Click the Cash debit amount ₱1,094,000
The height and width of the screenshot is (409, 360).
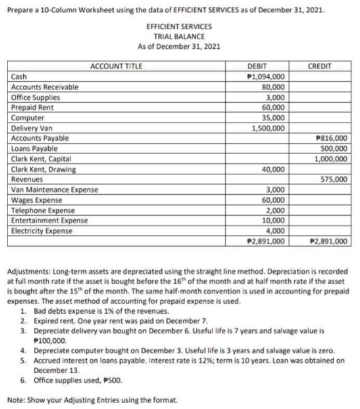[x=265, y=76]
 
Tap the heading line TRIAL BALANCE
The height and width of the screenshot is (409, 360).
[x=179, y=36]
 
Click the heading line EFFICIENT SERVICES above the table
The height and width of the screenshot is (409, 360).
[x=179, y=26]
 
